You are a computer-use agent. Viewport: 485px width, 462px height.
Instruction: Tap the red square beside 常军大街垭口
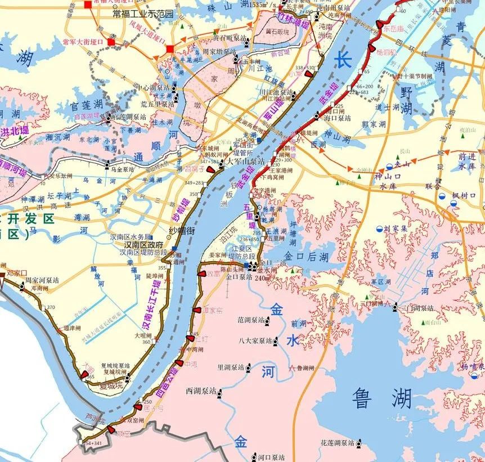(x=112, y=42)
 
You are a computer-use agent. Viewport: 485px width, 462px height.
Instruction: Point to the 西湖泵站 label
(x=201, y=391)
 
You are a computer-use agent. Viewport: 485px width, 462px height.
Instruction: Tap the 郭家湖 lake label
(x=374, y=124)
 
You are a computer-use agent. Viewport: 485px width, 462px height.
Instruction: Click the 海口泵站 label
(x=337, y=119)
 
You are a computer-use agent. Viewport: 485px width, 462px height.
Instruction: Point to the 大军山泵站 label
(x=241, y=161)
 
